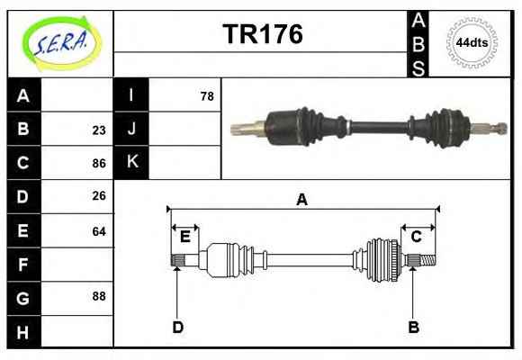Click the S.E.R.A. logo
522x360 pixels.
62,43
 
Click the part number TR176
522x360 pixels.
263,34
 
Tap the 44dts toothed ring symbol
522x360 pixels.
472,43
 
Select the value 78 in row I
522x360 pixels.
207,96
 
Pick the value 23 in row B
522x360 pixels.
99,130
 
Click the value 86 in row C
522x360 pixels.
99,164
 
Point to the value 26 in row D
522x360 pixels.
99,196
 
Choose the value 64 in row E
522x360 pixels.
99,231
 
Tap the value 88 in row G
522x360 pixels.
99,296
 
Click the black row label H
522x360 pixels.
23,332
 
